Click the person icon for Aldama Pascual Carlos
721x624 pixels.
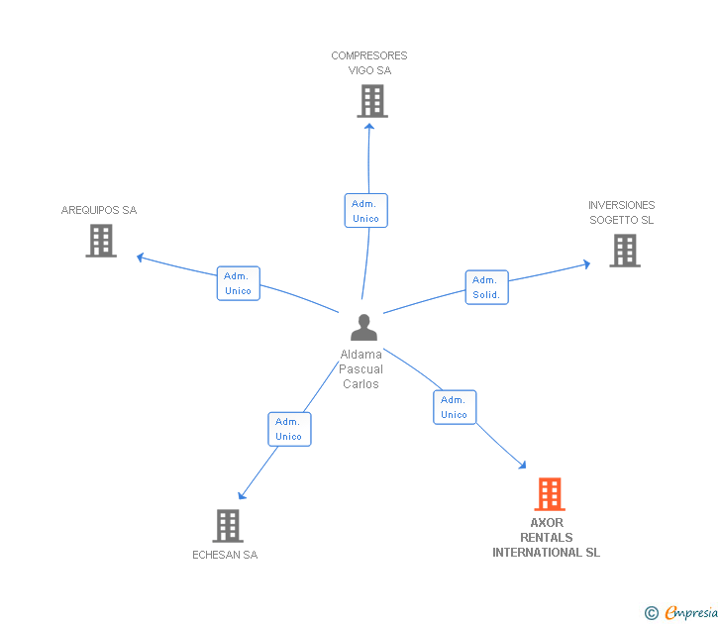[x=363, y=328]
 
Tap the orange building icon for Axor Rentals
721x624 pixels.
[x=550, y=494]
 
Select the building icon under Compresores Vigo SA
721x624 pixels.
[x=372, y=101]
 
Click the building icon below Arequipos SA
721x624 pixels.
[x=101, y=241]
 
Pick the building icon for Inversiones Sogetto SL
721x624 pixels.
[x=625, y=251]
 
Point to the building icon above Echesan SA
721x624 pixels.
[x=228, y=526]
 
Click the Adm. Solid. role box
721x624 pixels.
[x=487, y=287]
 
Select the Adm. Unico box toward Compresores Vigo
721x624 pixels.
[x=366, y=211]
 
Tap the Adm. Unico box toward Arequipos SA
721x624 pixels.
[x=238, y=283]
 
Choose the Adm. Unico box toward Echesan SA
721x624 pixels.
[x=289, y=429]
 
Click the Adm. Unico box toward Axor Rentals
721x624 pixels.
[x=455, y=407]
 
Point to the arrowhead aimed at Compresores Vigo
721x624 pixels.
[x=369, y=126]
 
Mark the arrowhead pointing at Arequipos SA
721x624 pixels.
[x=141, y=258]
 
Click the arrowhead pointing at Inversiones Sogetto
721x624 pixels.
[x=586, y=263]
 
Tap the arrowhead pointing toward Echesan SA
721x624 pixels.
[x=242, y=495]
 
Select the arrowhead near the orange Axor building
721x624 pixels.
[x=522, y=465]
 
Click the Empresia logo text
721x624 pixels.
[x=690, y=612]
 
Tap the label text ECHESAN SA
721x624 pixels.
[x=225, y=555]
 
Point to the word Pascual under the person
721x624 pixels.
[x=360, y=369]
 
